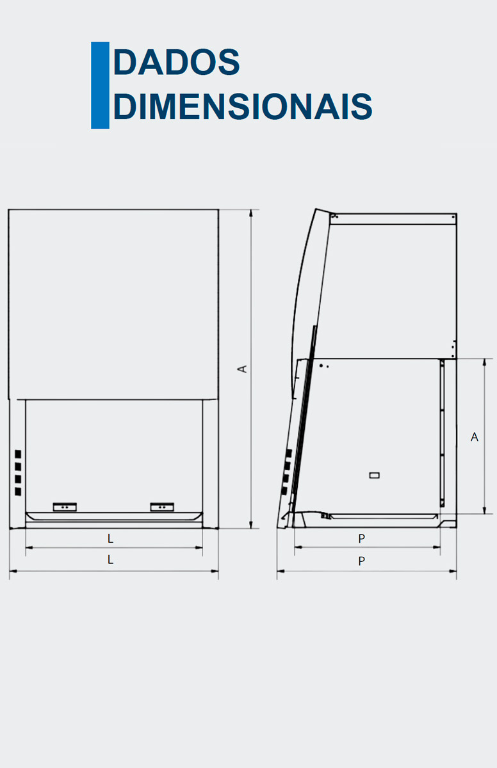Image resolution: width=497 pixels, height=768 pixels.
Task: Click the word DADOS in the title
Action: pyautogui.click(x=176, y=63)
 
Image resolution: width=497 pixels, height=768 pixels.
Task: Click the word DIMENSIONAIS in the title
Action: pyautogui.click(x=243, y=106)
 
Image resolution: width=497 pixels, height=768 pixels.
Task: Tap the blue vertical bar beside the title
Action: pyautogui.click(x=100, y=85)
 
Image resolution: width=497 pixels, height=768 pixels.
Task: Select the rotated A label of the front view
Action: pyautogui.click(x=243, y=369)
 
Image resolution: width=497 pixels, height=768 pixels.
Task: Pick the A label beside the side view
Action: pyautogui.click(x=475, y=436)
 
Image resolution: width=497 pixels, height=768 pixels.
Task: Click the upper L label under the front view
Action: pyautogui.click(x=110, y=539)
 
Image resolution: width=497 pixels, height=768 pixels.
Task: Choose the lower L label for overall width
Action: pyautogui.click(x=110, y=559)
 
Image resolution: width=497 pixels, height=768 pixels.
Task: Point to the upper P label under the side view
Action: pyautogui.click(x=362, y=540)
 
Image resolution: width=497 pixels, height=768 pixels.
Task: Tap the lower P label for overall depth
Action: pyautogui.click(x=362, y=561)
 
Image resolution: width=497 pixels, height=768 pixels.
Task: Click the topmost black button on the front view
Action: pyautogui.click(x=17, y=453)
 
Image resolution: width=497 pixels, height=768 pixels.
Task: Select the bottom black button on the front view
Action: pyautogui.click(x=17, y=492)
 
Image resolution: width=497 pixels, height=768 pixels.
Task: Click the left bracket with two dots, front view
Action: pyautogui.click(x=65, y=507)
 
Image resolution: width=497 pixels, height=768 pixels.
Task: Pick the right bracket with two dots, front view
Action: pyautogui.click(x=162, y=507)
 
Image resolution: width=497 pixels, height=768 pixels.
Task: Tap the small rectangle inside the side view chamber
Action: pyautogui.click(x=375, y=475)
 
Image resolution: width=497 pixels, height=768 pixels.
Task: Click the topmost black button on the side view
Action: pyautogui.click(x=288, y=453)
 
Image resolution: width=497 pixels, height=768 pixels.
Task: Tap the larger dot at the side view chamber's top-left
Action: pyautogui.click(x=320, y=364)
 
